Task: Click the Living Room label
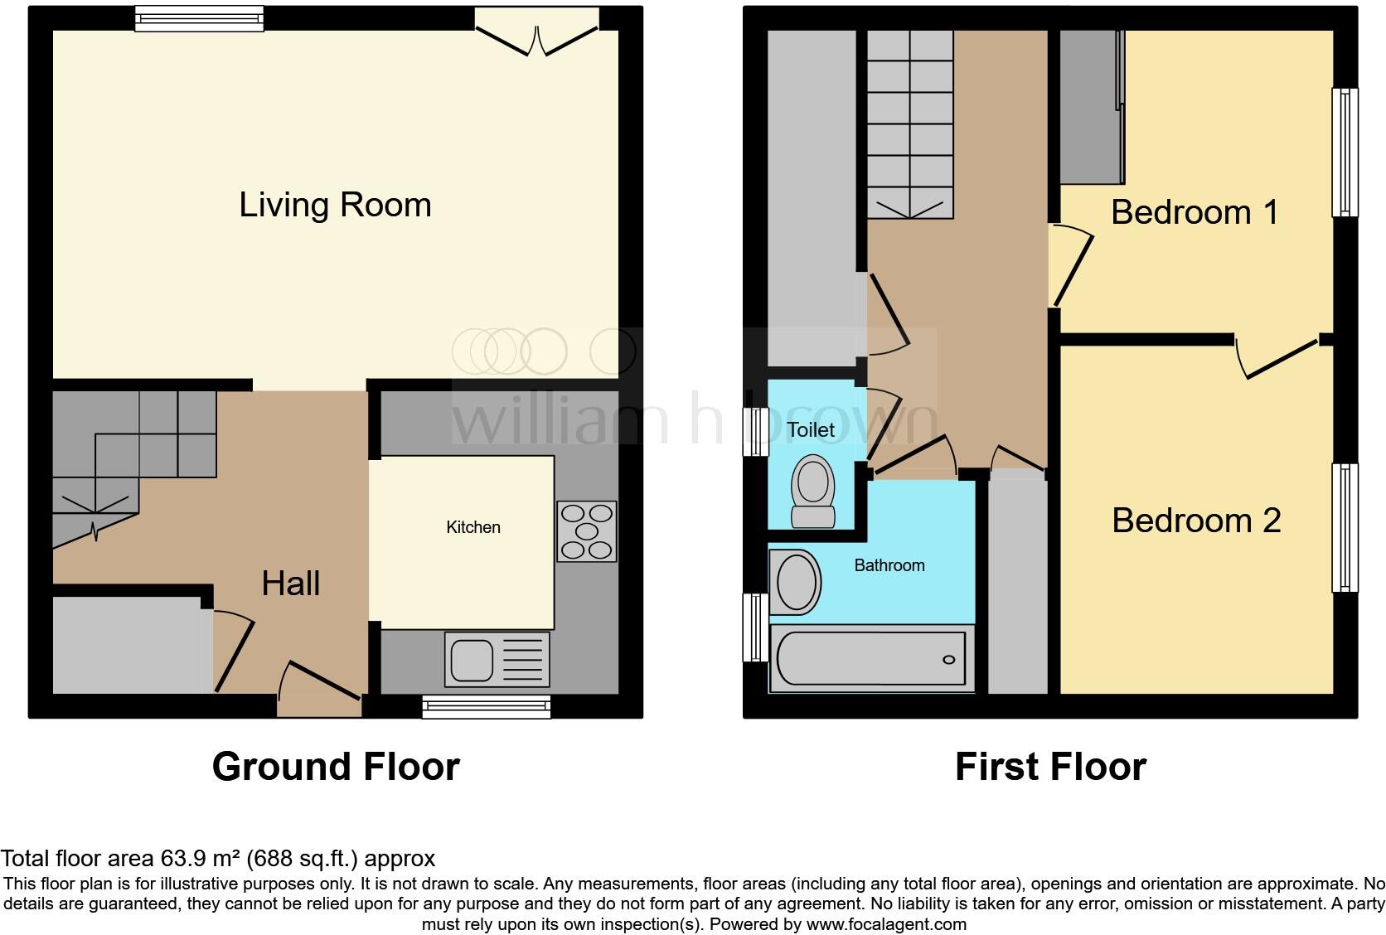pos(335,205)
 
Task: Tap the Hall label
pos(290,584)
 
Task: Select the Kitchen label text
pos(473,527)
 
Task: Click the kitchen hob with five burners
pos(587,531)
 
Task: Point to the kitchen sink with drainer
pos(497,660)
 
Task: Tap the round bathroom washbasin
pos(796,581)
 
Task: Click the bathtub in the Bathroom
pos(871,659)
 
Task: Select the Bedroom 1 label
pos(1195,212)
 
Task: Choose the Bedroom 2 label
pos(1195,521)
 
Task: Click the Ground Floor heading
pos(336,767)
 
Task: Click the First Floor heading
pos(1050,767)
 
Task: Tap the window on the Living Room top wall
pos(199,18)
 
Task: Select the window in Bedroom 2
pos(1345,528)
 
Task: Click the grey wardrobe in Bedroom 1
pos(1091,108)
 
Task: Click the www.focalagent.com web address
pos(886,923)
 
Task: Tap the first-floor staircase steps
pos(909,124)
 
